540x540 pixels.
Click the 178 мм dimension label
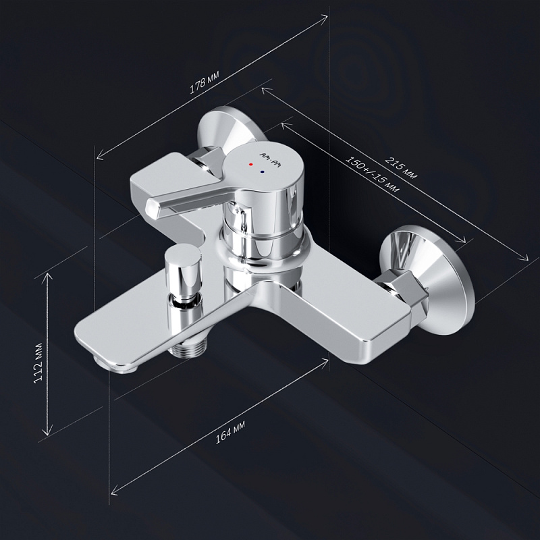205,82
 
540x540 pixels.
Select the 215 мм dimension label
401,167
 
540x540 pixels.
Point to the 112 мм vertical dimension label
38,363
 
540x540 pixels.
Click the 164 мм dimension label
230,432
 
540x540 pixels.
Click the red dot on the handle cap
251,165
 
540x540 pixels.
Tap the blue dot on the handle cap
263,171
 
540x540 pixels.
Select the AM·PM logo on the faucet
269,160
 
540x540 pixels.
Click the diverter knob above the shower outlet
183,269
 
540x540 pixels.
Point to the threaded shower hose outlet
188,347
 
